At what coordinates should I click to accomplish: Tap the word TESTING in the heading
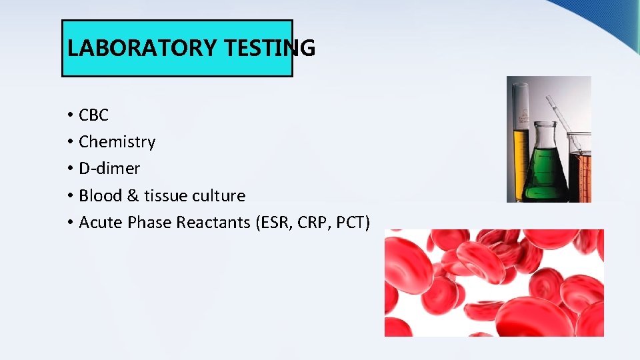tap(269, 48)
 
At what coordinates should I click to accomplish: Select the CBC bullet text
tap(93, 115)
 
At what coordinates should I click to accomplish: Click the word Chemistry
tap(117, 142)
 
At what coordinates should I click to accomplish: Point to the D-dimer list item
tap(109, 169)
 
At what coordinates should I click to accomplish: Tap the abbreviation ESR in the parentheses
tap(274, 222)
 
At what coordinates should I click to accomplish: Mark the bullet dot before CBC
tap(70, 116)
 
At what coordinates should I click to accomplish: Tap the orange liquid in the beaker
tap(581, 177)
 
